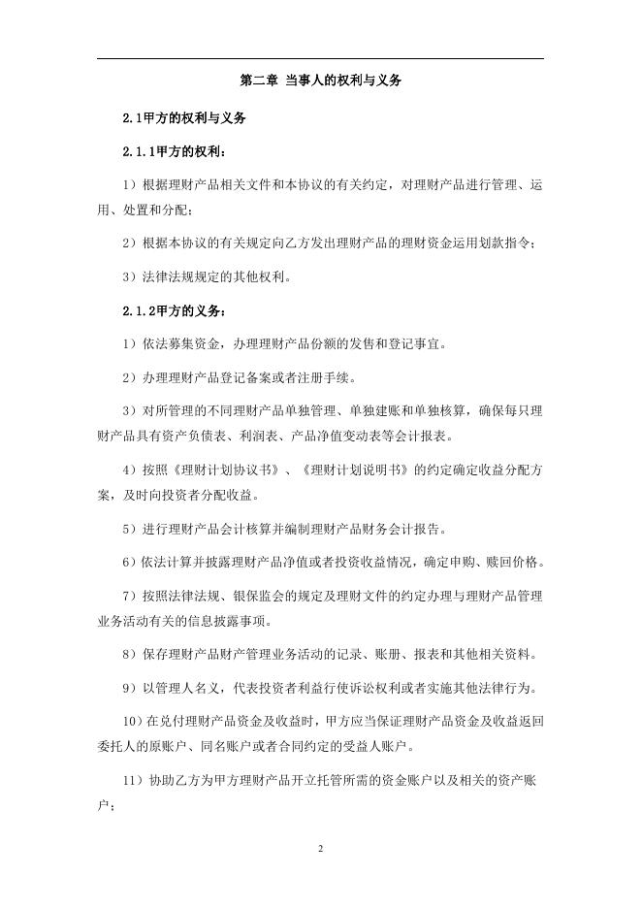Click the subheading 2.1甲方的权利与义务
[x=183, y=117]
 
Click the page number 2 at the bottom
[x=320, y=849]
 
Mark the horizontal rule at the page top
[x=320, y=59]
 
